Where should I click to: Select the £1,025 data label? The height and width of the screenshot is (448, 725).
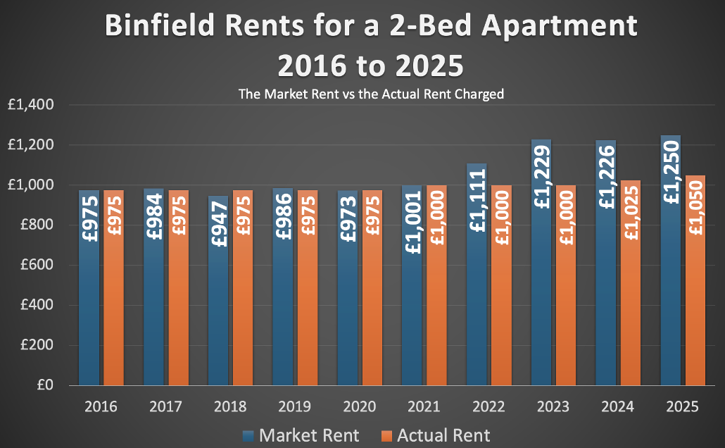pos(631,211)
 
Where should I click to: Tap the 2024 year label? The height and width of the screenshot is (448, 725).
pos(618,406)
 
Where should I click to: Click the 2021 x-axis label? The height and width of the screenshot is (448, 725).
pos(424,406)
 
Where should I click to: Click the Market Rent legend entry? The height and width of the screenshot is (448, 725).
pos(301,435)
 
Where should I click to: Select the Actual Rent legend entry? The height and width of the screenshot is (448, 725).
pos(435,435)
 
